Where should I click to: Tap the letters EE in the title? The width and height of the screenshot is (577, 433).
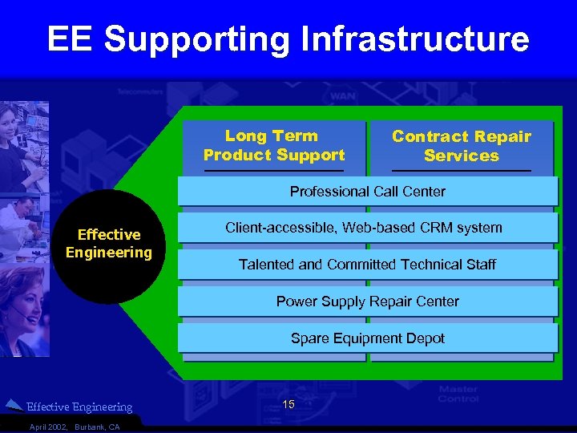tap(71, 39)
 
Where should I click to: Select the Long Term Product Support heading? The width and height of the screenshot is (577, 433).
tap(274, 145)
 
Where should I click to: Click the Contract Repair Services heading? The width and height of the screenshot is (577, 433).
tap(462, 146)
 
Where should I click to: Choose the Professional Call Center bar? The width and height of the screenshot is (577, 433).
tap(367, 192)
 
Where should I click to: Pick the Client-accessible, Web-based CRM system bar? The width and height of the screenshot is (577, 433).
tap(367, 228)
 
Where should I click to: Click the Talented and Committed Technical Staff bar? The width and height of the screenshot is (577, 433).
tap(367, 265)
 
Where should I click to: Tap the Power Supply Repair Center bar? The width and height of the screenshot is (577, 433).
tap(367, 301)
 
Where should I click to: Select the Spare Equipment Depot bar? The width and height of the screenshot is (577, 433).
tap(367, 338)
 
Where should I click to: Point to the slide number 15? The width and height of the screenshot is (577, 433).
tap(288, 405)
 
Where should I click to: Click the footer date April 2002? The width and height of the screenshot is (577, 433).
tap(49, 427)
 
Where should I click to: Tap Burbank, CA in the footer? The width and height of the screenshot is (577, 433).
tap(97, 427)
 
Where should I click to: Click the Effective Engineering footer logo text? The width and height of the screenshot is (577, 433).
tap(79, 407)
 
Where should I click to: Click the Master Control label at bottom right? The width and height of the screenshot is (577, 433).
tap(458, 395)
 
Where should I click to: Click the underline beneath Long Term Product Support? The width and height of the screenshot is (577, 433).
tap(274, 171)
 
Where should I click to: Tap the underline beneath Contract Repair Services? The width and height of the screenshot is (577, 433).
tap(462, 171)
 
